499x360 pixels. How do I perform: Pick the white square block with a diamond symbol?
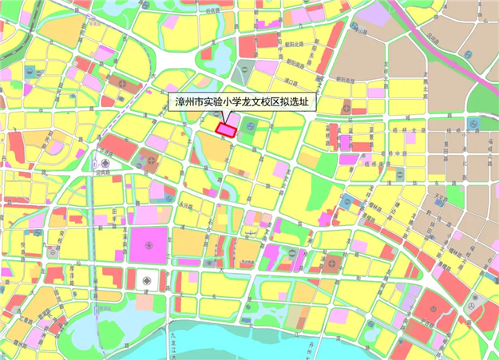click(146, 279)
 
